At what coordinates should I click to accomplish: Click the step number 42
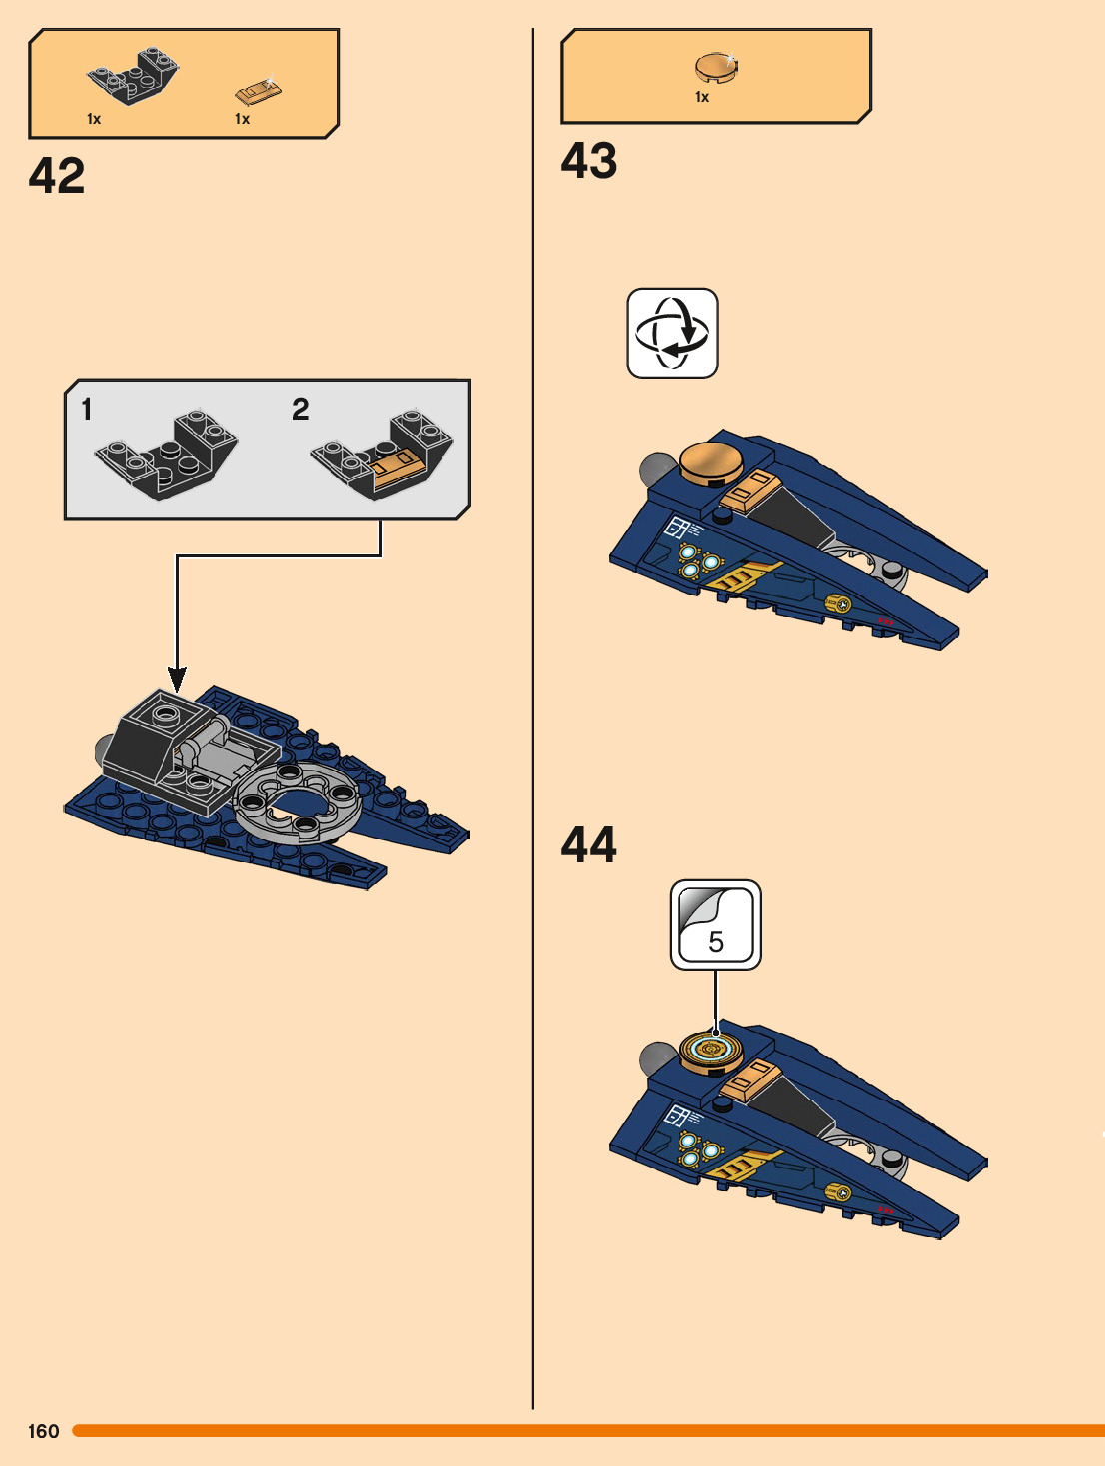[x=57, y=176]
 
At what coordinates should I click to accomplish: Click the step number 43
[x=589, y=161]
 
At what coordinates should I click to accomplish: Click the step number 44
[x=589, y=844]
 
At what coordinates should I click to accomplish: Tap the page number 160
[x=43, y=1431]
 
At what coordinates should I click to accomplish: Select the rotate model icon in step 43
[x=672, y=334]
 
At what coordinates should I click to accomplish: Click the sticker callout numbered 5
[x=716, y=925]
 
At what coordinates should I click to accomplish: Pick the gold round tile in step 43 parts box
[x=716, y=68]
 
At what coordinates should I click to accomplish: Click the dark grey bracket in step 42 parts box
[x=134, y=75]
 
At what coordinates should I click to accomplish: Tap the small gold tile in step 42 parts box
[x=258, y=92]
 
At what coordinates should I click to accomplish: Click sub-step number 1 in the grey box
[x=86, y=410]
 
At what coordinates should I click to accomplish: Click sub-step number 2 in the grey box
[x=301, y=409]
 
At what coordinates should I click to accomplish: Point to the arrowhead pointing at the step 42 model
[x=177, y=680]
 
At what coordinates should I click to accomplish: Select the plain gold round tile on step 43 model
[x=710, y=462]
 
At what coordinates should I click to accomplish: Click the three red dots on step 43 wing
[x=885, y=621]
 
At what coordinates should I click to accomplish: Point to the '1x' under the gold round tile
[x=702, y=97]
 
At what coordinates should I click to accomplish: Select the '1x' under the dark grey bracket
[x=94, y=119]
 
